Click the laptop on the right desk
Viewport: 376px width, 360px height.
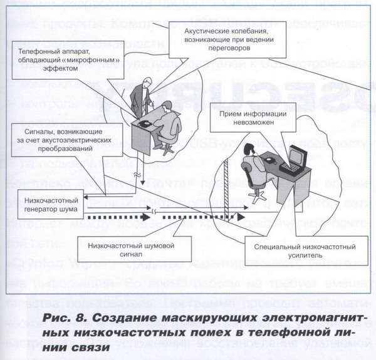[x=293, y=165]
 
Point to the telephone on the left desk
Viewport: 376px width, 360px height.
[x=145, y=125]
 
